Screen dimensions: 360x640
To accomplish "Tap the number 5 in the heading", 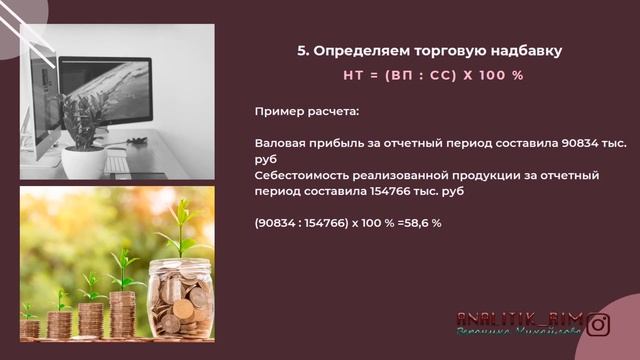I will click(x=303, y=50).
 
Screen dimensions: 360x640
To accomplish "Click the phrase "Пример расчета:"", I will click(x=302, y=113).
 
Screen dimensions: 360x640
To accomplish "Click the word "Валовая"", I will click(x=280, y=144).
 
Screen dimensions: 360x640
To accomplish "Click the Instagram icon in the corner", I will click(x=598, y=324).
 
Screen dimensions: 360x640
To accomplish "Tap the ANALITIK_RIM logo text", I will click(x=519, y=317).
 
